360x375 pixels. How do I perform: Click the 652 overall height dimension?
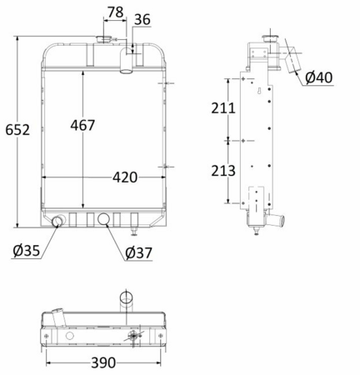(17, 130)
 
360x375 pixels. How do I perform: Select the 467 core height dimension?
(82, 125)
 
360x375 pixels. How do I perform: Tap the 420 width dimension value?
(125, 177)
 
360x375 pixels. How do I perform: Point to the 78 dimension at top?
(115, 12)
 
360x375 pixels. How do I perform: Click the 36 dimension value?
(142, 19)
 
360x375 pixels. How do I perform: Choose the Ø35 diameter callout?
(27, 251)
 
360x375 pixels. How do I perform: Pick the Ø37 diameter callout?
(139, 252)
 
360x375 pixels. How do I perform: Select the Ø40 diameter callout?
(319, 77)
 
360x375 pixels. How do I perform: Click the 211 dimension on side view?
(223, 108)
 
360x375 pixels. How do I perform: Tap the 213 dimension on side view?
(223, 171)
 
